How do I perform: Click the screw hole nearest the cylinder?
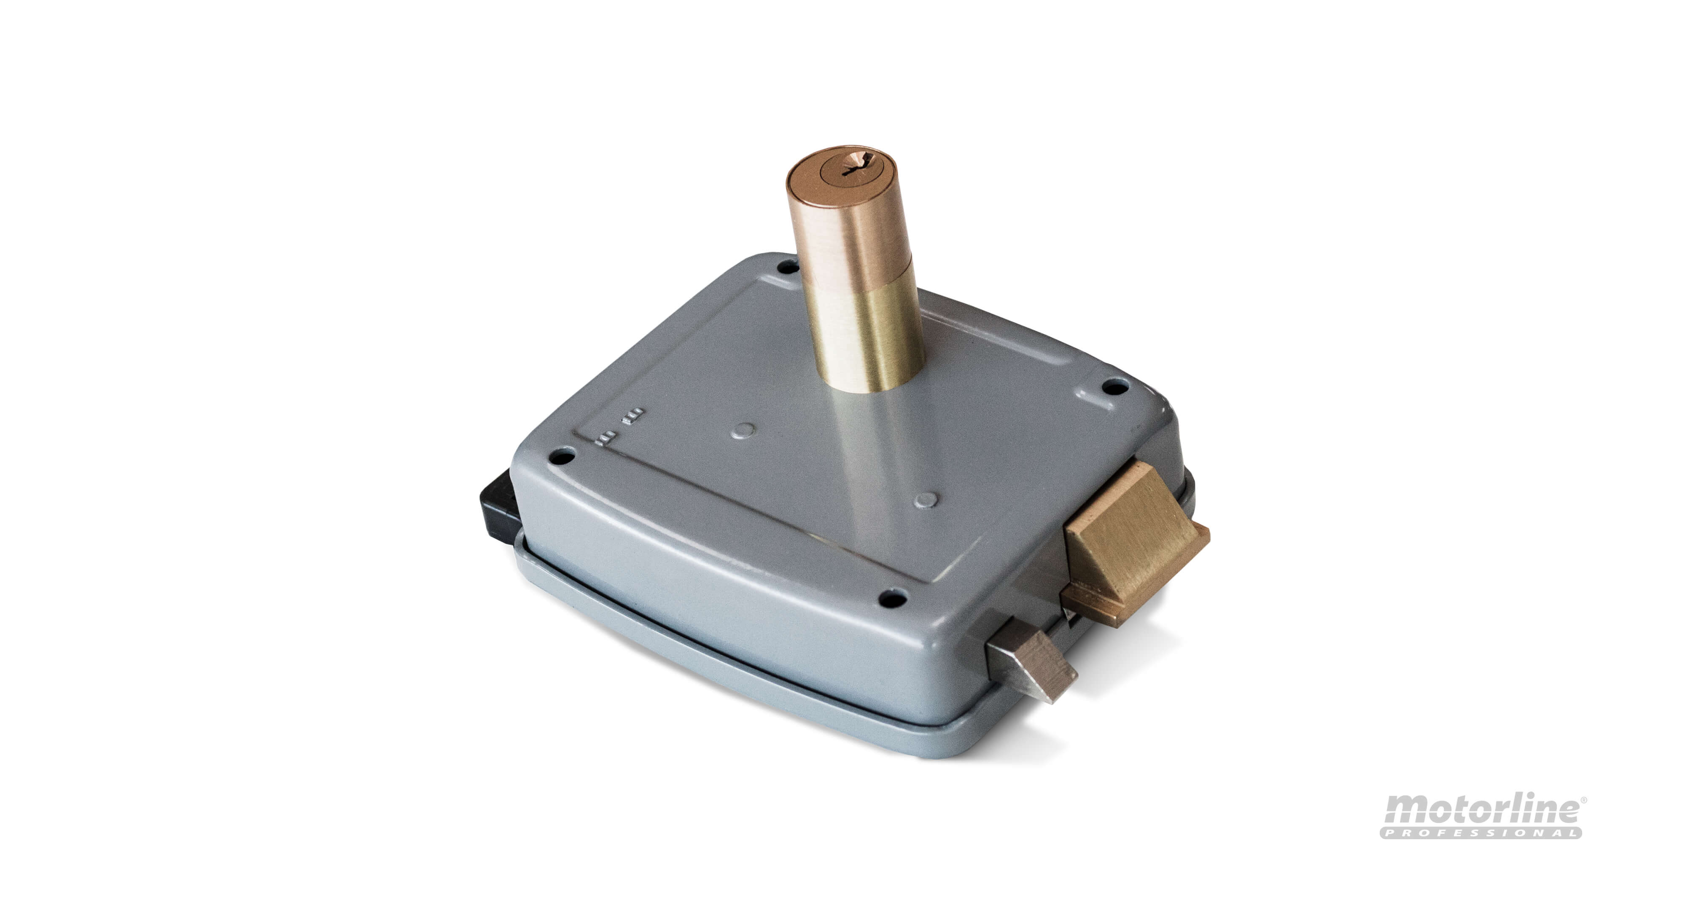784,268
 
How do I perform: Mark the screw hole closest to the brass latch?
1113,388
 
